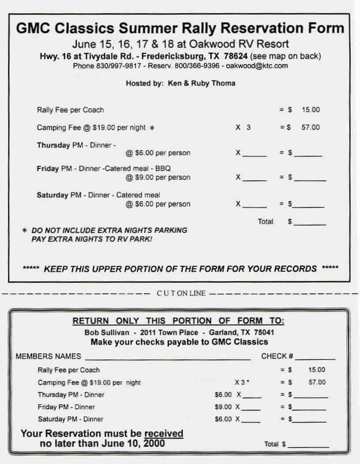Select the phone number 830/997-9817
click(119, 66)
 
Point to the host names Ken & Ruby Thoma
click(202, 83)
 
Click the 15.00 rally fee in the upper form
click(311, 110)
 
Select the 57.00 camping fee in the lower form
click(317, 382)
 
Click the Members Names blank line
click(168, 358)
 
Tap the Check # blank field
click(315, 358)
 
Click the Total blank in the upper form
click(310, 224)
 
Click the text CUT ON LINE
click(181, 293)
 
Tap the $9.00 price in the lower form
click(223, 407)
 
